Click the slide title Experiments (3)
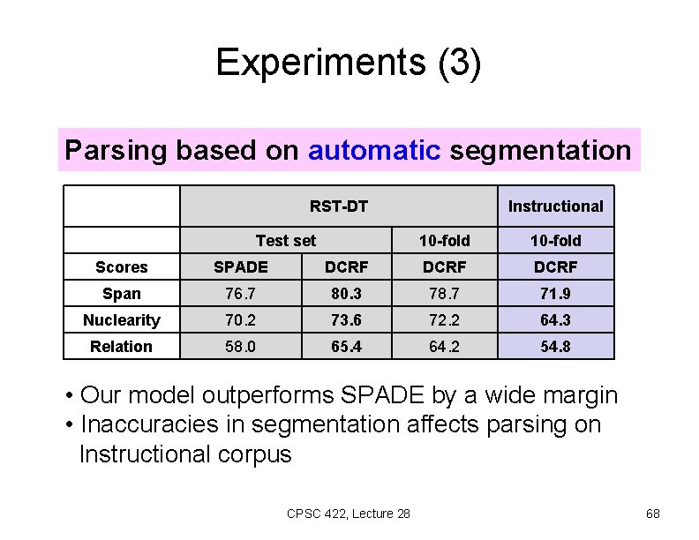point(349,63)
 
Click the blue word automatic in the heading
point(374,150)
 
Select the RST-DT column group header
point(338,206)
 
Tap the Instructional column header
point(555,206)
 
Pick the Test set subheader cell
point(285,240)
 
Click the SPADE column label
point(241,266)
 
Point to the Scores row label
point(122,267)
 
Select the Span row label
point(122,294)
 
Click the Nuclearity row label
point(122,320)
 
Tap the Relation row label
point(122,347)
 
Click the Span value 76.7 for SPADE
point(241,294)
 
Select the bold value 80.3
point(346,294)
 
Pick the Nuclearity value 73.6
point(346,320)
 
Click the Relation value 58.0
point(241,347)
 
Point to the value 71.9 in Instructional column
point(555,294)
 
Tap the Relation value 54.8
point(555,347)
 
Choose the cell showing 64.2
point(444,347)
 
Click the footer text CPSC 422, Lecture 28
point(349,514)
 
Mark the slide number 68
point(652,514)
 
